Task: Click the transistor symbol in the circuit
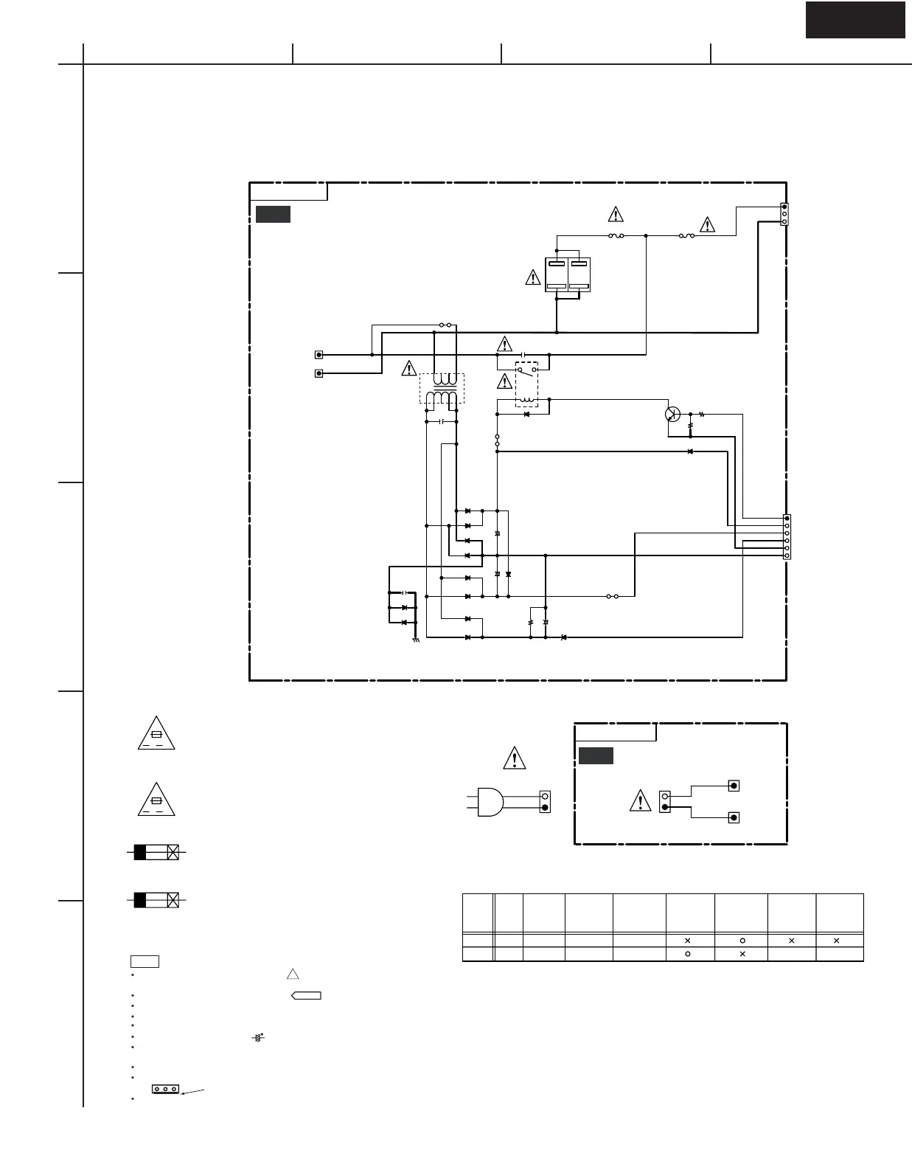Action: (672, 414)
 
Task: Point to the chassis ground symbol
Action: (416, 639)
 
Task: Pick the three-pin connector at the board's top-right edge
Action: (784, 214)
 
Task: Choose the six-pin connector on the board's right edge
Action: (787, 537)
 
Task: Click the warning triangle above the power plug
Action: (514, 758)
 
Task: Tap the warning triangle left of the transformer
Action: (408, 367)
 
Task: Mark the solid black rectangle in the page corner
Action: (855, 20)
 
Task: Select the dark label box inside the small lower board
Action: (595, 756)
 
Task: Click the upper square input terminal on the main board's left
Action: (319, 355)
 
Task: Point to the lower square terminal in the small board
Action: (734, 817)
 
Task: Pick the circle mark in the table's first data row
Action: (742, 941)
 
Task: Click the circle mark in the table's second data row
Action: (688, 954)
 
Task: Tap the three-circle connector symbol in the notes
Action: (166, 1088)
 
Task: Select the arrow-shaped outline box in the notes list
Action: (307, 996)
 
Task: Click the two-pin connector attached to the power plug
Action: (545, 801)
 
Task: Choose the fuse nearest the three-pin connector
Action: (687, 235)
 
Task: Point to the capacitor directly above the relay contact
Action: (523, 355)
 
